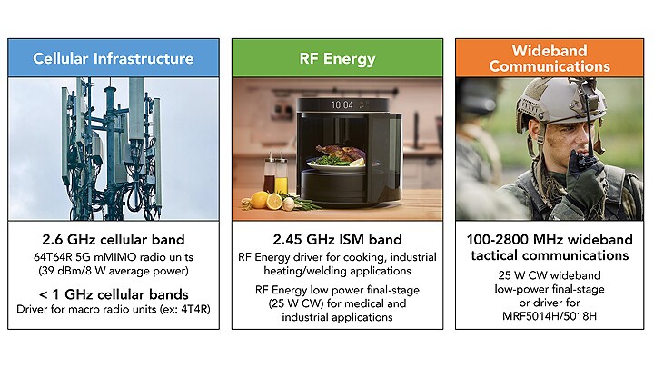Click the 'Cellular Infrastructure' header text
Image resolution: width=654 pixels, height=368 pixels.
tap(113, 58)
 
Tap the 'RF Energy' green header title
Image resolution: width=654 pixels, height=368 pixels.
tap(337, 59)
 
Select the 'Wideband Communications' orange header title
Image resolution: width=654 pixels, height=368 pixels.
tap(550, 58)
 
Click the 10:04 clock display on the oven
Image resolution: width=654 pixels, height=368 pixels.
tap(342, 104)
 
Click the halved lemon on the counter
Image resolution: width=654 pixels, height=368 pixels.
tap(274, 201)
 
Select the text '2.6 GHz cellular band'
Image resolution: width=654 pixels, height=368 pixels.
tap(114, 240)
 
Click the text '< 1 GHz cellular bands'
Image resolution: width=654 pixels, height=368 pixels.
tap(114, 294)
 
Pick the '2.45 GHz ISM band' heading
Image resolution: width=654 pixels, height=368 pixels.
tap(337, 240)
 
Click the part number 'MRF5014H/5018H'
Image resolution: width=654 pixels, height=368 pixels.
tap(550, 316)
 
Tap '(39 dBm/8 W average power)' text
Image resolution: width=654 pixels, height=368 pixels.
tap(114, 271)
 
